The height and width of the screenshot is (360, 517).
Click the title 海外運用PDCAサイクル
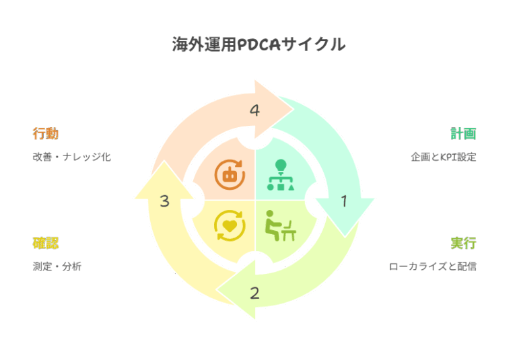tap(258, 44)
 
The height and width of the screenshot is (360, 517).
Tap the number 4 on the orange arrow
tap(254, 110)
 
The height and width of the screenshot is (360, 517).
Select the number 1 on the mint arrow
tap(344, 201)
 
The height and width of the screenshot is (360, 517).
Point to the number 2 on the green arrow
tap(254, 293)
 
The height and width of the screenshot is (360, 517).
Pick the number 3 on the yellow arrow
tap(164, 201)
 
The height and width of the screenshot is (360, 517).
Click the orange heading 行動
tap(46, 133)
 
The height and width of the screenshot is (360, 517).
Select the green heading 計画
tap(463, 133)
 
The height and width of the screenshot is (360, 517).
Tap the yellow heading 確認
tap(46, 243)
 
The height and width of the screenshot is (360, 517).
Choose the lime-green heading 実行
tap(463, 243)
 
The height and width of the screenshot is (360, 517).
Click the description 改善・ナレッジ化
tap(71, 157)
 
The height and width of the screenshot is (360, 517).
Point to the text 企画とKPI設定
tap(444, 157)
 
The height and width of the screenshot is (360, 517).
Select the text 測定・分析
tap(57, 266)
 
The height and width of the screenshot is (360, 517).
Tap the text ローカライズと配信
tap(433, 266)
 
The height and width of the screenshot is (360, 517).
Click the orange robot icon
tap(230, 175)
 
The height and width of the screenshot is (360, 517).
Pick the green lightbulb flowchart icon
tap(281, 175)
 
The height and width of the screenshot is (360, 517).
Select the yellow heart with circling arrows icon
tap(230, 225)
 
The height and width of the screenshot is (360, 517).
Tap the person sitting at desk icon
tap(281, 225)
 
